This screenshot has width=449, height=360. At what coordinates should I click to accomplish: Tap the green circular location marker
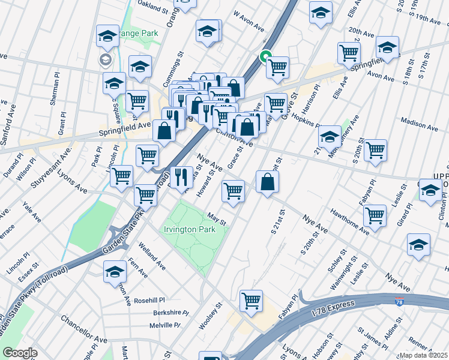point(264,58)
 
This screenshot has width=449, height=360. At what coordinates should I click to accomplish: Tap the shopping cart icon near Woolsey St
point(251,300)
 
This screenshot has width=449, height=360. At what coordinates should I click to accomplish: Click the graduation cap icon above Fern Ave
point(115,271)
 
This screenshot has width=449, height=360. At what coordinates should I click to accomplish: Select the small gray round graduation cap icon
point(105,59)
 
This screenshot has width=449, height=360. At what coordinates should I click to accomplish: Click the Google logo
point(20,353)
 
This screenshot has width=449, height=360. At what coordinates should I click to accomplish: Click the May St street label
point(217,219)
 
